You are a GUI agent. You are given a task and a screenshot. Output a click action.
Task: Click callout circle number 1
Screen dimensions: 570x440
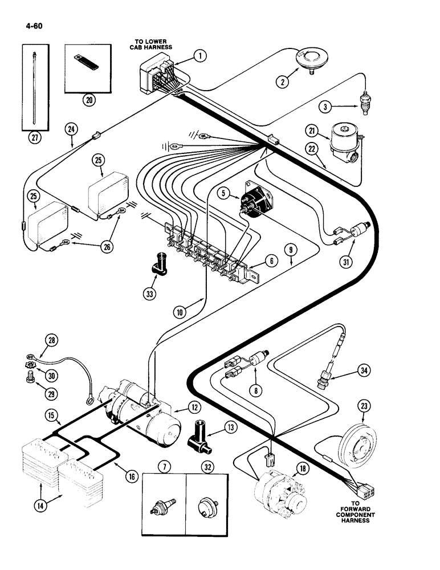tap(199, 56)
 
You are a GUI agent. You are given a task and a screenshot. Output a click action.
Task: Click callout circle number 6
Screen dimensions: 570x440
tap(271, 261)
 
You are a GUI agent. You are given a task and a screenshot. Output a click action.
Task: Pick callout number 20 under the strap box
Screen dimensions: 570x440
tap(89, 100)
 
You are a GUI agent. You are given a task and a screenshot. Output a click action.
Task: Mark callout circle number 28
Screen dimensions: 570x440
tap(52, 341)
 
